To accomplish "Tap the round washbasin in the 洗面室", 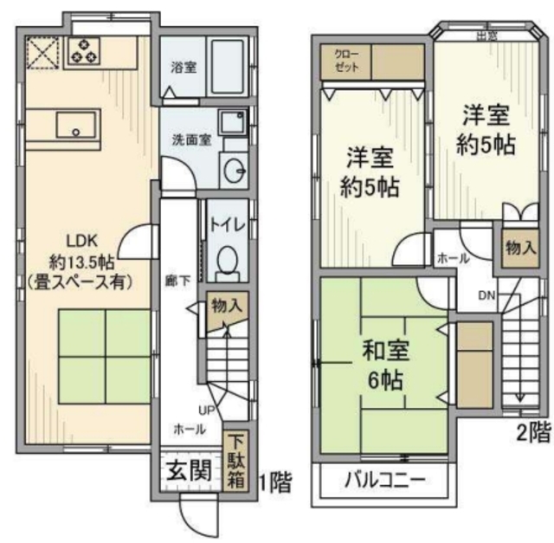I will (233, 171).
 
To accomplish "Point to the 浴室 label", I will (181, 66).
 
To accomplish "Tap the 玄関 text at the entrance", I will (188, 474).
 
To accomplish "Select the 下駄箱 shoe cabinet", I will (235, 461).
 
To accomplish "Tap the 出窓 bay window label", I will (487, 35).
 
